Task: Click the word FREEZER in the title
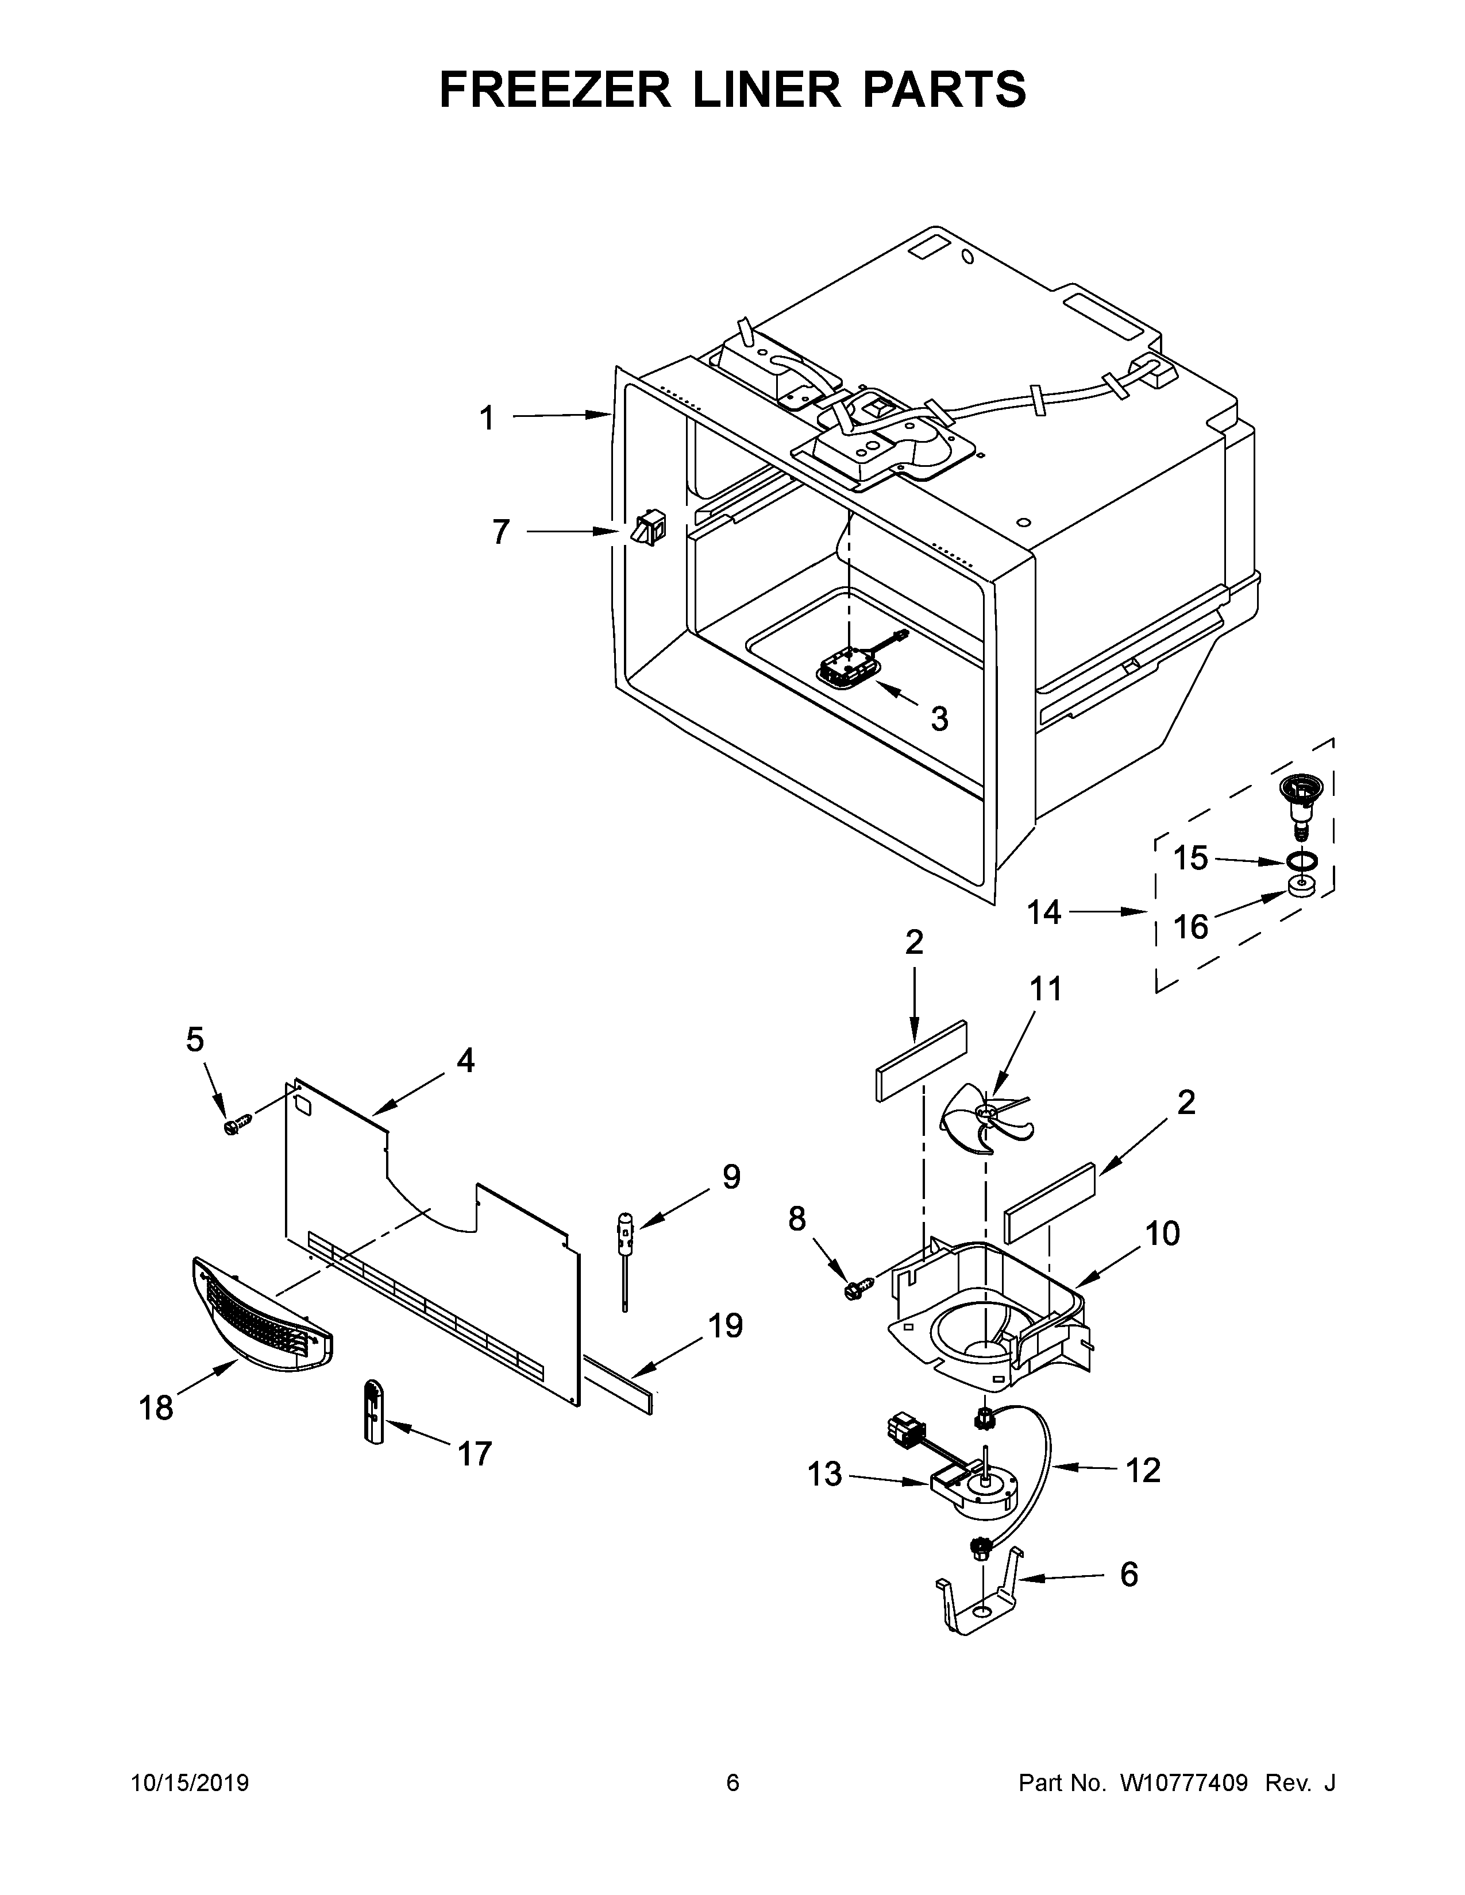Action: (x=554, y=90)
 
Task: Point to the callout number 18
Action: (x=156, y=1407)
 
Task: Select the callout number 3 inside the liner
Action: (x=939, y=718)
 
